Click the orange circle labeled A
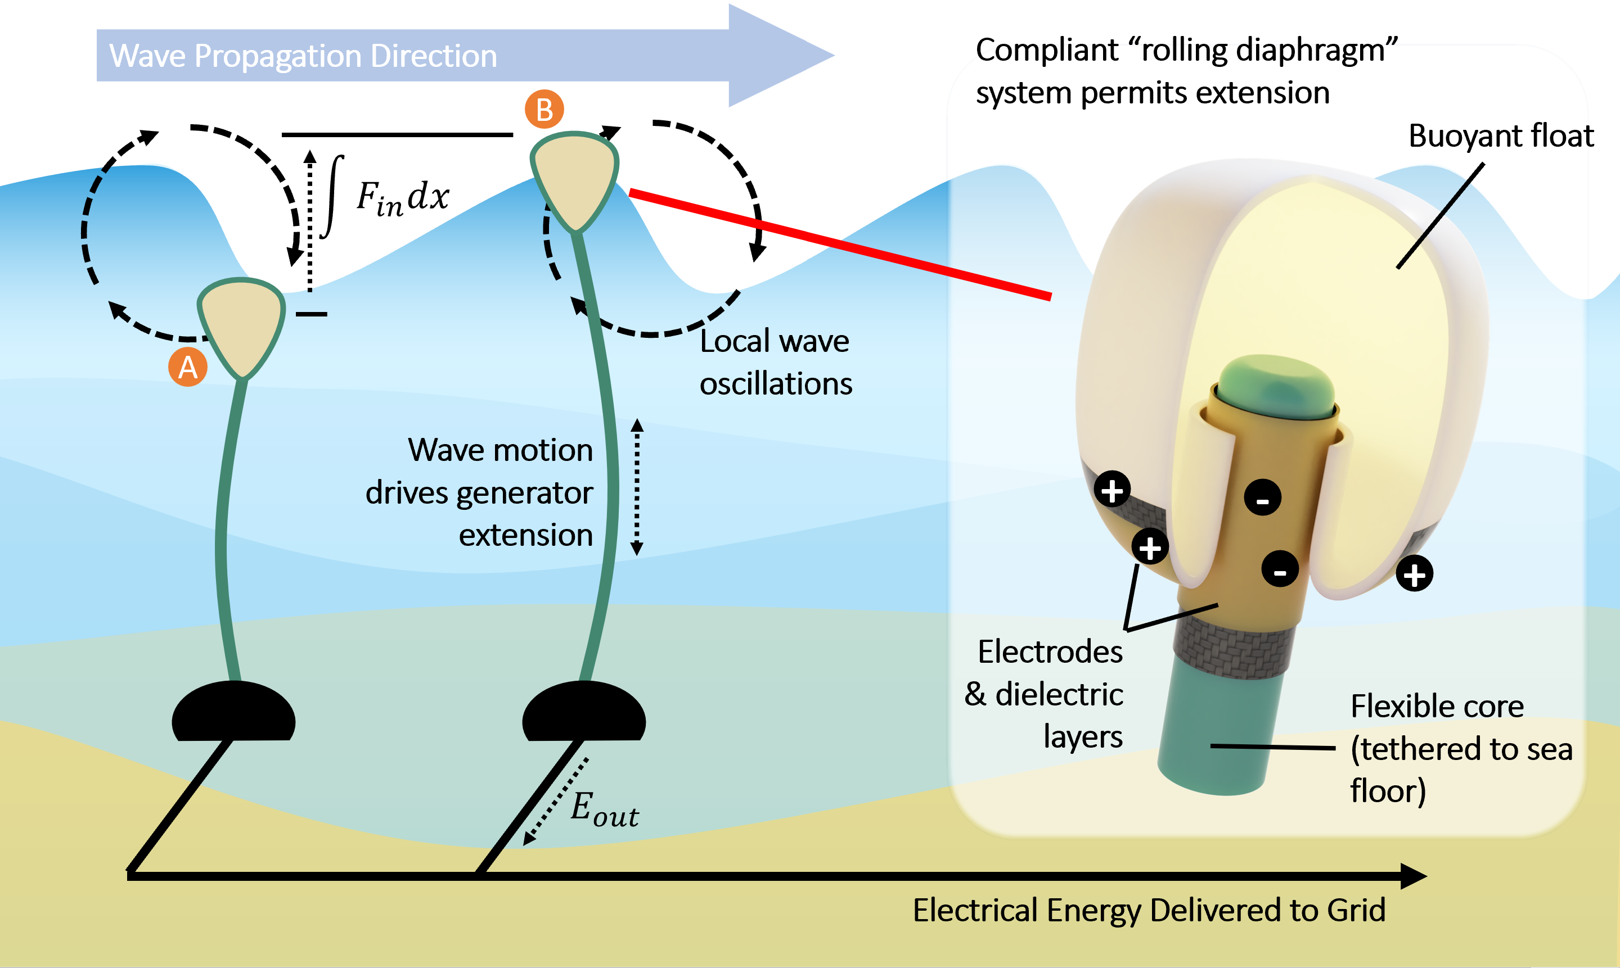188,367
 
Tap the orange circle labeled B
544,109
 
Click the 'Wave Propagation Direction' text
303,56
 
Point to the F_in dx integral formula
385,196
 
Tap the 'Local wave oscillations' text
776,362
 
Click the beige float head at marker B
574,179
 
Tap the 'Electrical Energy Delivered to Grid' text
1149,911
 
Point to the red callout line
840,244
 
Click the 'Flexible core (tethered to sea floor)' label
1461,749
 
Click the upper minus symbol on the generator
1262,497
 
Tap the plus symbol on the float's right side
1414,575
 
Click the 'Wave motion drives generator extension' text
480,492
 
